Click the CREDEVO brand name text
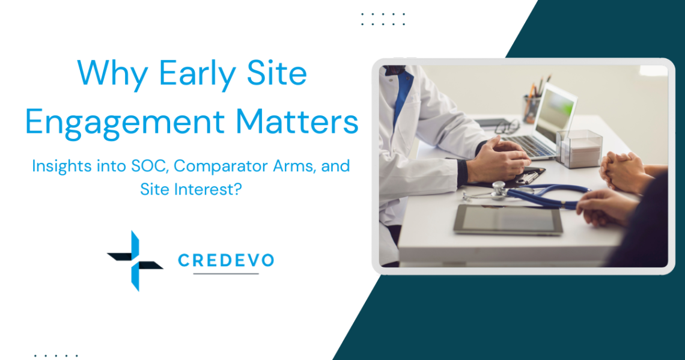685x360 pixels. (x=226, y=260)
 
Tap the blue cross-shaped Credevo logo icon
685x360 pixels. (x=135, y=261)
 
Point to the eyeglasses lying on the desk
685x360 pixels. (x=507, y=126)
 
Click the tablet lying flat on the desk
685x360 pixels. (x=508, y=219)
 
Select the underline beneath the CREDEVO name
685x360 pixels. (x=226, y=274)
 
